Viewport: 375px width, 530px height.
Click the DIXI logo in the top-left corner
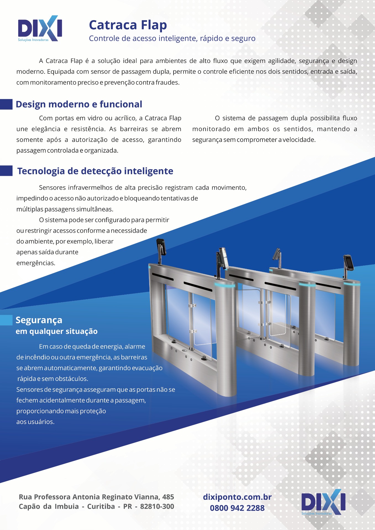click(x=40, y=28)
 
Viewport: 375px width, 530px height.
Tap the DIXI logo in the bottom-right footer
click(x=323, y=502)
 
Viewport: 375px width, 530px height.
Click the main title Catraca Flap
click(x=128, y=25)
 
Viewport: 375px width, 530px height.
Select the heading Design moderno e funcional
click(x=79, y=104)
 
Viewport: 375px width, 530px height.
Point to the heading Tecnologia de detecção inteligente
click(x=95, y=171)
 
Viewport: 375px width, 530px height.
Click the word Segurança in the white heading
click(x=39, y=320)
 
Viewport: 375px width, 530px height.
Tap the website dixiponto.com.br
click(x=237, y=497)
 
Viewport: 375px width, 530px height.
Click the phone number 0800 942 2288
click(x=237, y=508)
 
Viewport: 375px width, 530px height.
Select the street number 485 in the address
click(x=168, y=497)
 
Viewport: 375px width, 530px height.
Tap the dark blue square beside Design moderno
click(x=6, y=104)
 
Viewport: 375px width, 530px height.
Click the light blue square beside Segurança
click(x=6, y=320)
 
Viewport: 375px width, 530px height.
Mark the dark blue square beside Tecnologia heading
click(x=6, y=171)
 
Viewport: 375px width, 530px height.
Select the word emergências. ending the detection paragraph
click(x=36, y=263)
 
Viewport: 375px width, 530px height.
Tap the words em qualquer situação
click(x=57, y=332)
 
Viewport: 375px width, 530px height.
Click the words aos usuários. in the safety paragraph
click(x=35, y=422)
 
